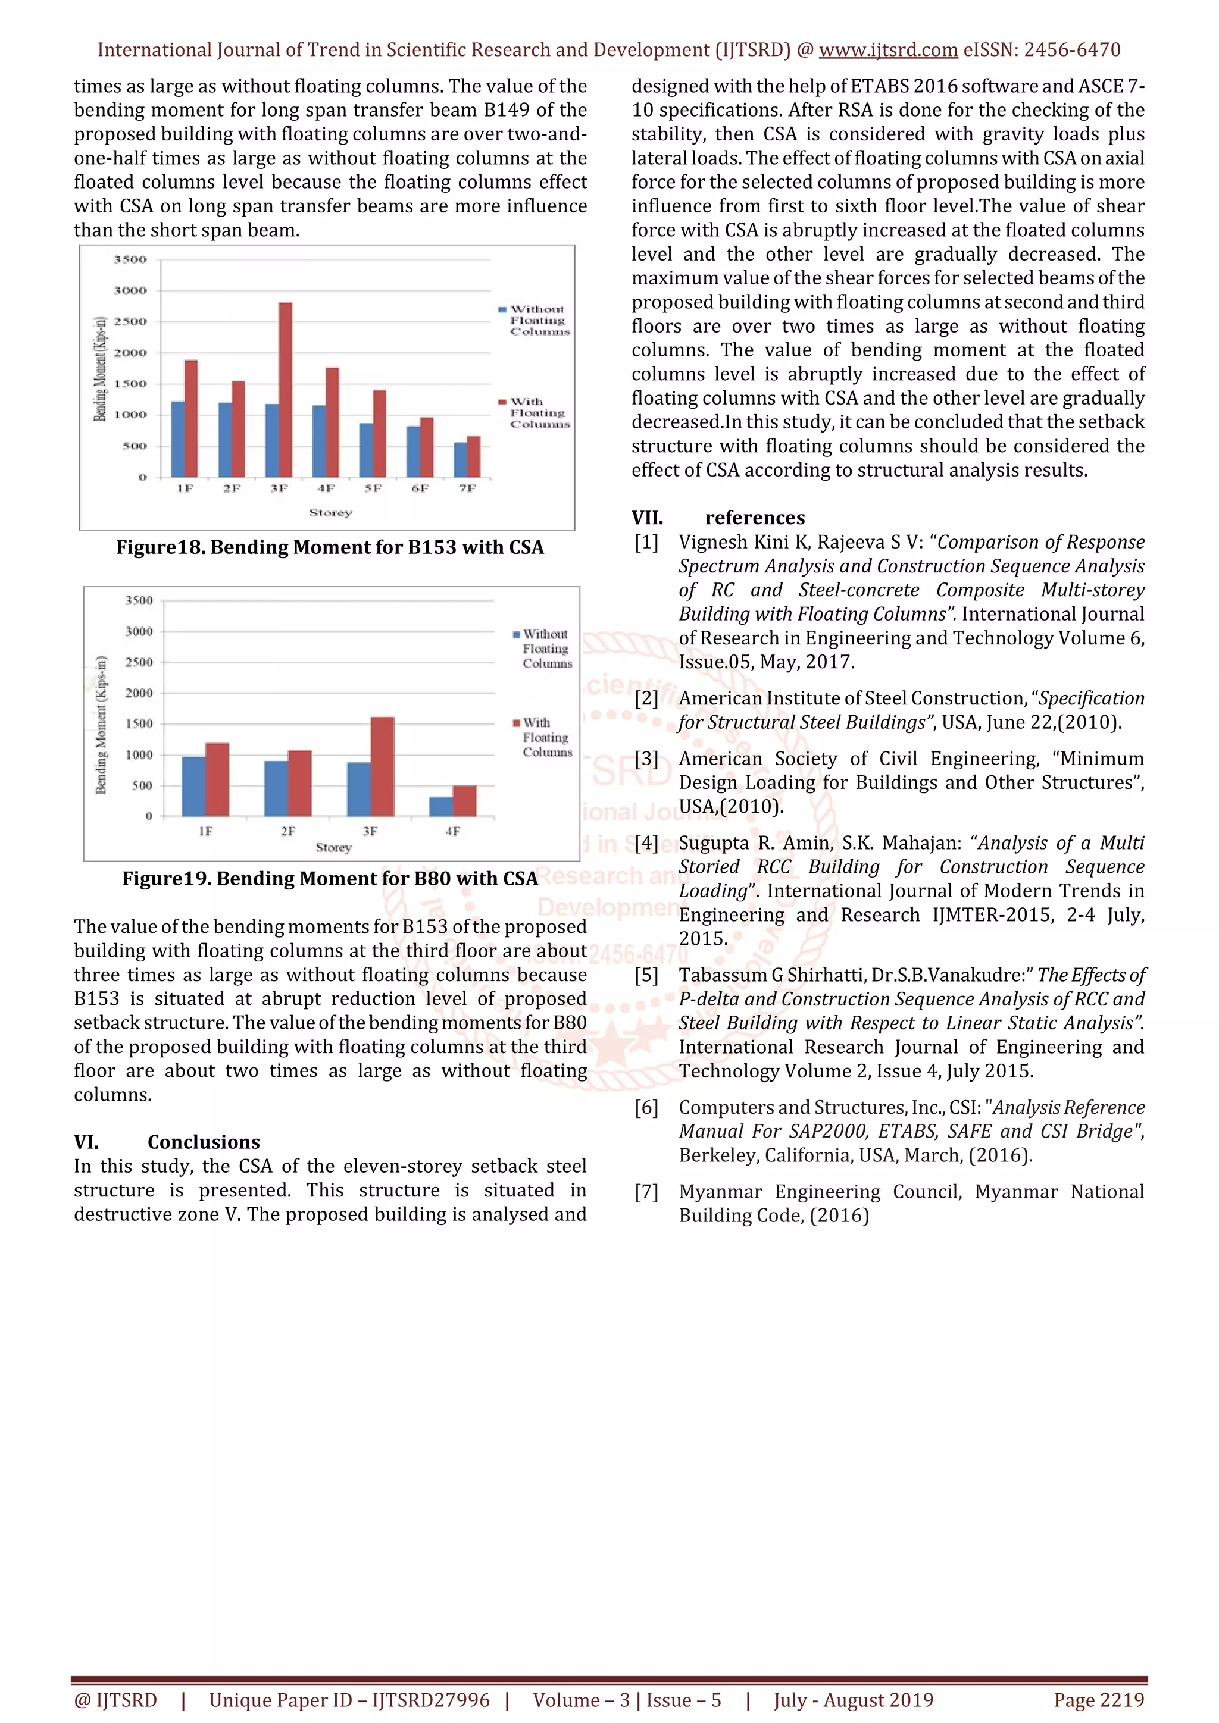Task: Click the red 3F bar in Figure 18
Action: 285,390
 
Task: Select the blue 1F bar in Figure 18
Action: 178,440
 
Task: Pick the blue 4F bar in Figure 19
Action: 440,807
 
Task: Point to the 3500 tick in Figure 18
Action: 130,259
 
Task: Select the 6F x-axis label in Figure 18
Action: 420,488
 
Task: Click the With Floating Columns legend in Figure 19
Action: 542,737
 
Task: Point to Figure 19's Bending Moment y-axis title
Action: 101,725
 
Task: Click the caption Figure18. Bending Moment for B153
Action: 330,547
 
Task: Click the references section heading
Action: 754,518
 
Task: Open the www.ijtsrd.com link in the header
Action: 887,51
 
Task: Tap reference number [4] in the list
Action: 646,842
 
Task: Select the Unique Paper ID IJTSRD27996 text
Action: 349,1700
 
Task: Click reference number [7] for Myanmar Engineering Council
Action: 646,1191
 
